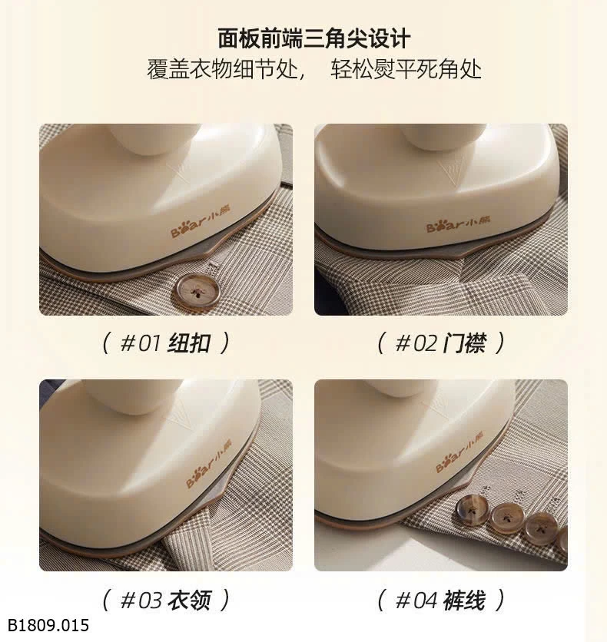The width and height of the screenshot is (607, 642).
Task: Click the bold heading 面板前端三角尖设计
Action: click(313, 38)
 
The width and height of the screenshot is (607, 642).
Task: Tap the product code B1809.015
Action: click(48, 625)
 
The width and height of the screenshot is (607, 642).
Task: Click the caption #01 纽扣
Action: click(165, 343)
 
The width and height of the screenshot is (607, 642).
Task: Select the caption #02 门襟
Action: click(440, 343)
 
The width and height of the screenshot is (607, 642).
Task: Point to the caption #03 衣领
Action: click(165, 600)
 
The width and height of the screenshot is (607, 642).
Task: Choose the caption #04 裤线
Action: click(440, 600)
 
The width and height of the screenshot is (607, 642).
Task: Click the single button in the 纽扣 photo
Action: click(197, 290)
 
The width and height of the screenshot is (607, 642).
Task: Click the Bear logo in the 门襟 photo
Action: click(458, 223)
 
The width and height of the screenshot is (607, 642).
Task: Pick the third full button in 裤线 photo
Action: click(540, 528)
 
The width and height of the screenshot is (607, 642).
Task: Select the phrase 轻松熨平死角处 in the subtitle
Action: click(406, 69)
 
